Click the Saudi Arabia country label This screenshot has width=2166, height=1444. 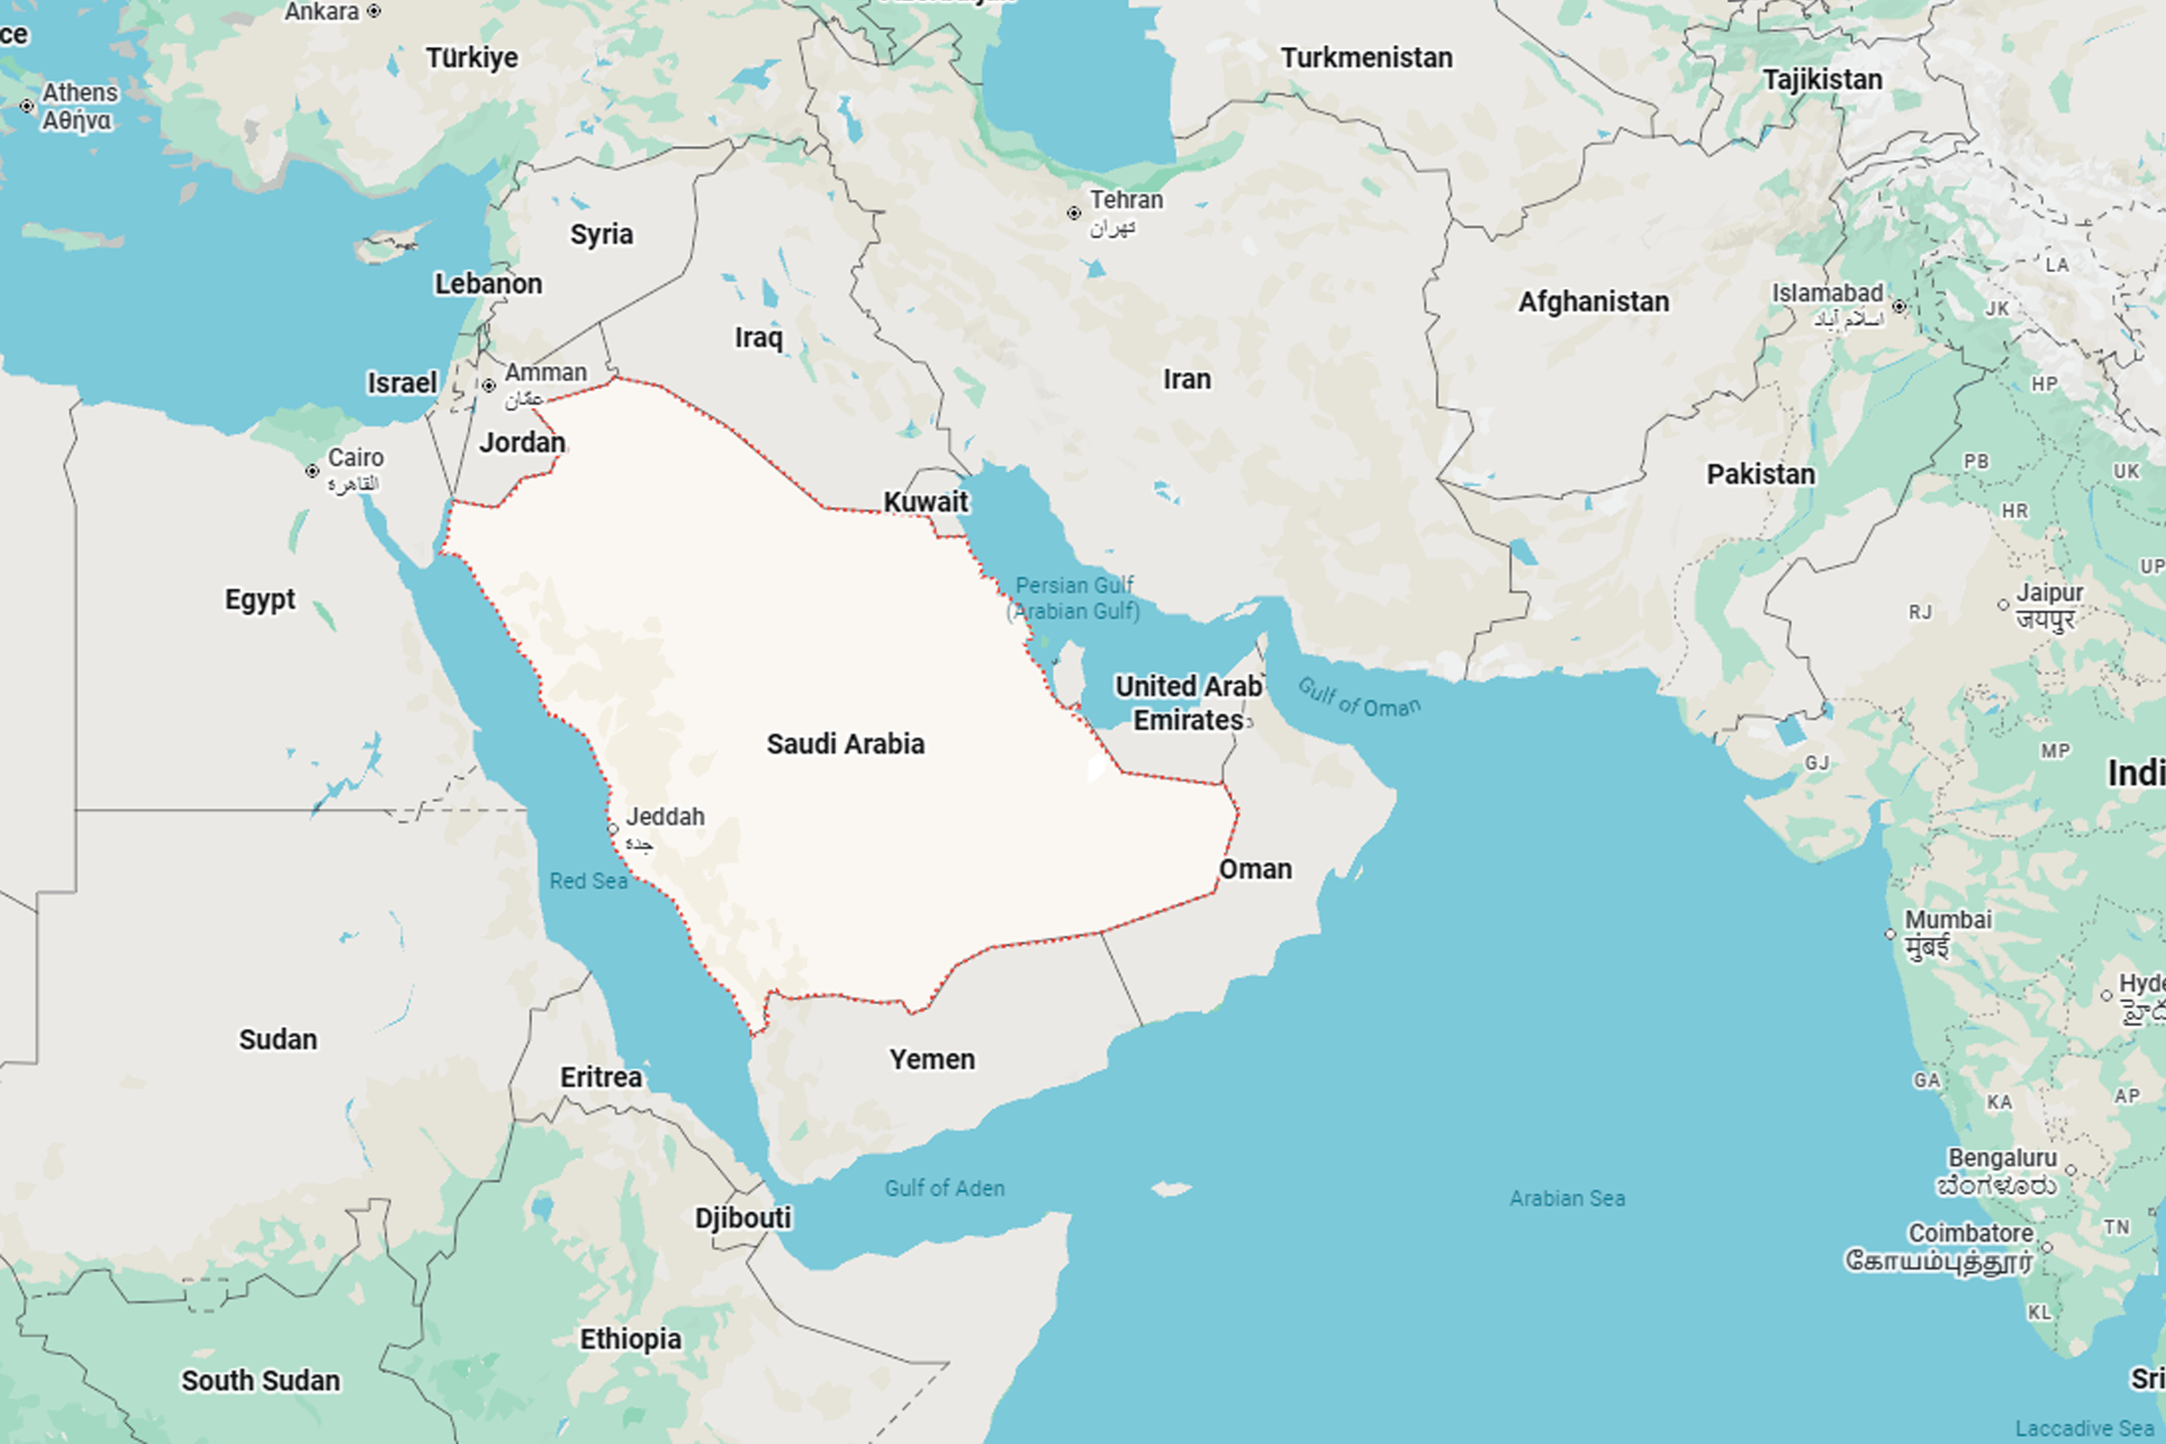point(845,744)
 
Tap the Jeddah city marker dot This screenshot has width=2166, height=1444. point(613,830)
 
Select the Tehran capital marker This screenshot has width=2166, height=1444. point(1074,214)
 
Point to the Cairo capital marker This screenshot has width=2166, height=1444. point(312,471)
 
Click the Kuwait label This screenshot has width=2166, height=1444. point(926,502)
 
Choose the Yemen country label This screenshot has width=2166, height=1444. point(932,1060)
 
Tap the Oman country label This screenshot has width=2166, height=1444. point(1256,869)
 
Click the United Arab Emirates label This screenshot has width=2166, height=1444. point(1188,703)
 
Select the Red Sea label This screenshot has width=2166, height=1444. point(588,882)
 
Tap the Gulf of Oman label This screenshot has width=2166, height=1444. point(1360,698)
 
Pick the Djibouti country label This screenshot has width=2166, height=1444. point(743,1219)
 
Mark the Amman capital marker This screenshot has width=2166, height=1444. point(489,386)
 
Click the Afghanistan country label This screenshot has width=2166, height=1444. point(1593,302)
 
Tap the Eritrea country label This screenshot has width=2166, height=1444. point(601,1077)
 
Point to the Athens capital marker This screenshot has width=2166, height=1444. point(27,106)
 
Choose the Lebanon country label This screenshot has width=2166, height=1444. point(488,284)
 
